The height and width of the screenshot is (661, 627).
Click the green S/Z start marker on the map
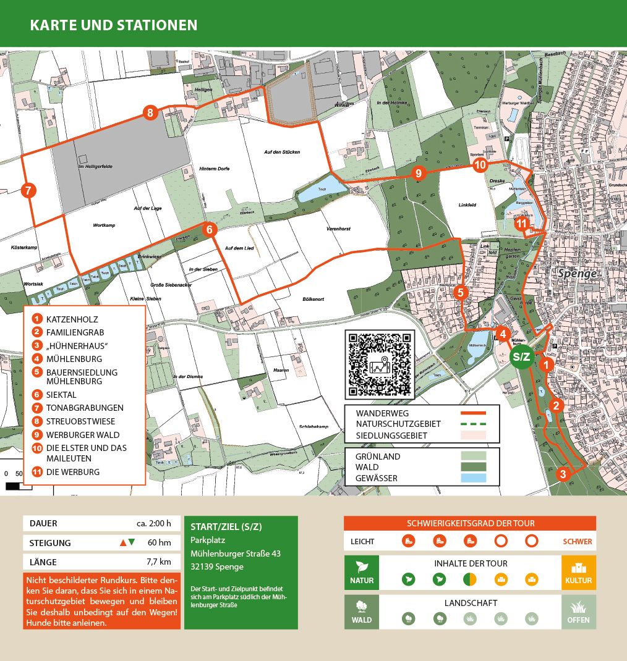522,356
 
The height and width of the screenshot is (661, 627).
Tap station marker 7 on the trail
28,190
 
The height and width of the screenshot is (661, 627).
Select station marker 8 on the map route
150,112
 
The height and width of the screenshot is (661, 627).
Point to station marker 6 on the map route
210,230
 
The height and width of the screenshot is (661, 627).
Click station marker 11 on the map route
522,224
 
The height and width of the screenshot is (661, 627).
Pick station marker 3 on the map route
562,474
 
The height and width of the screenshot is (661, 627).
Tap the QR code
378,363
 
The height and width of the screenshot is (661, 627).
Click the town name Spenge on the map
576,273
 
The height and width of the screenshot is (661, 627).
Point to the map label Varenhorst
338,229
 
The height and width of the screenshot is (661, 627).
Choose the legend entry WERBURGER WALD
82,435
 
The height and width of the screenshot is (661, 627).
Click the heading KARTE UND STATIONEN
114,25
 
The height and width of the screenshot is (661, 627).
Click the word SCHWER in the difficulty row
578,541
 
